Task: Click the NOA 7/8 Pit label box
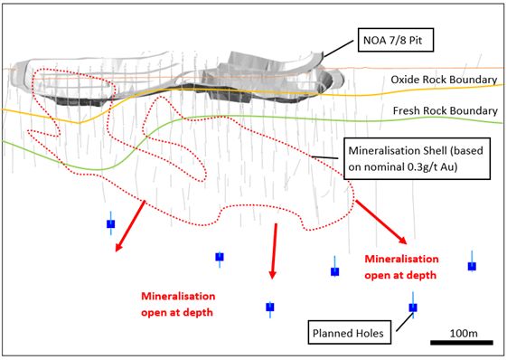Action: (396, 40)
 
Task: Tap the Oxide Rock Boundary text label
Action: (444, 80)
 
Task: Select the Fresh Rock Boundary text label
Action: (446, 110)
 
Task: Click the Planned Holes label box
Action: (349, 333)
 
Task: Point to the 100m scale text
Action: (464, 333)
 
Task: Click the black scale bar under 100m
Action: (462, 343)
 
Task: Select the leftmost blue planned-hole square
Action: (111, 223)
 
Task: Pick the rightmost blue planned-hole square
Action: (472, 266)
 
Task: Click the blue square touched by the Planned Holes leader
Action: (413, 308)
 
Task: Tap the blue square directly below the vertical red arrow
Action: (270, 307)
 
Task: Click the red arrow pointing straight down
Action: (274, 251)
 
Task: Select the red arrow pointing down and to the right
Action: (381, 222)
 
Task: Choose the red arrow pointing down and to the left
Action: (129, 226)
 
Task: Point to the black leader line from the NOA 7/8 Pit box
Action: (339, 49)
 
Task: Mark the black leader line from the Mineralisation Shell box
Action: (324, 157)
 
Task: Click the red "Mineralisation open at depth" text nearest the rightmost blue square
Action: (401, 267)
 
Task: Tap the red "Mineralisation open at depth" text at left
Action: (178, 304)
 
